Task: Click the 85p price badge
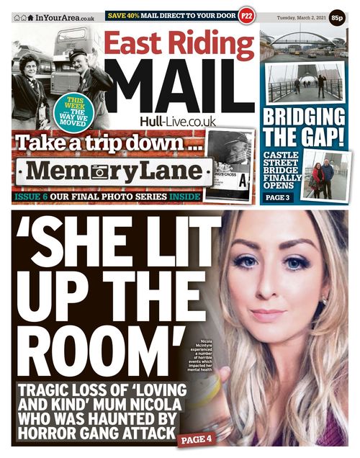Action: click(x=337, y=16)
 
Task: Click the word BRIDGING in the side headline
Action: click(x=303, y=117)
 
